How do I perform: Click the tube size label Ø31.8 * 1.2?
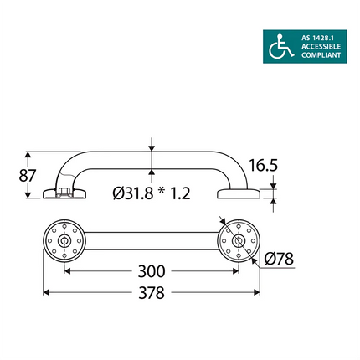152,193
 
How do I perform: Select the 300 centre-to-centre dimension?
151,271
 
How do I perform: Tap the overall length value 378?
151,293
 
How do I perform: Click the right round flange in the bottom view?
239,241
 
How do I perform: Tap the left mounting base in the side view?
64,196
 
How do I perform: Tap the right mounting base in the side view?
239,195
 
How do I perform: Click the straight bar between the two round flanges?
152,241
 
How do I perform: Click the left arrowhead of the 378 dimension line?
46,293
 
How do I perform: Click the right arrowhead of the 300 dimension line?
235,271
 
